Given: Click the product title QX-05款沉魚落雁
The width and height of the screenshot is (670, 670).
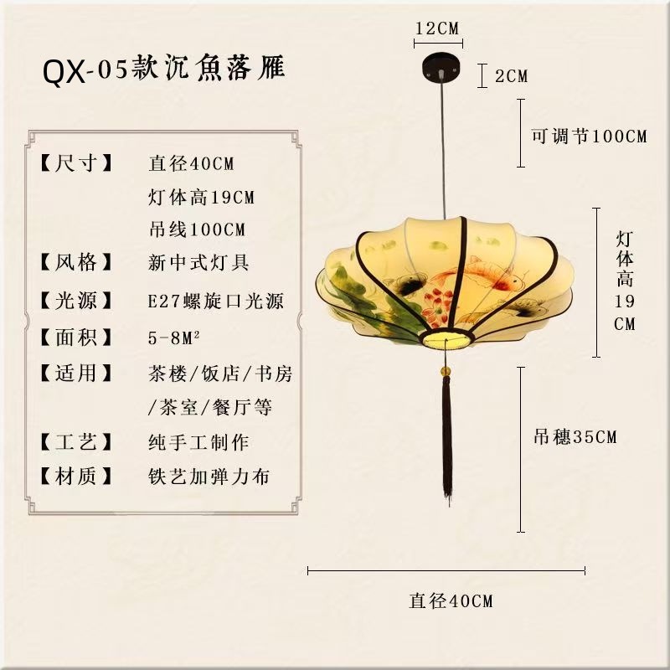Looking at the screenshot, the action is pos(164,70).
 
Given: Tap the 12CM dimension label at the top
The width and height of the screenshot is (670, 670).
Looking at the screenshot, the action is pos(437,28).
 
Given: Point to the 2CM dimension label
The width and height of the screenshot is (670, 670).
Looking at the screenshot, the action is pos(511,76).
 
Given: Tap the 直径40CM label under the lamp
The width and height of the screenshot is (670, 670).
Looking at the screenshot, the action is pos(451,600).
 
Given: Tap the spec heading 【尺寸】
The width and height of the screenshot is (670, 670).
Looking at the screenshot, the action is pos(76,163).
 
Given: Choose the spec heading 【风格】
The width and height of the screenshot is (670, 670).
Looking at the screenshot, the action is pos(76,262).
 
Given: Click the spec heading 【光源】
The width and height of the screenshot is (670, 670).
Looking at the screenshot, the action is pos(76,300).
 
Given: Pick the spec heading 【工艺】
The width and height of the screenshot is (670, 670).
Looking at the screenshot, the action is pos(76,441).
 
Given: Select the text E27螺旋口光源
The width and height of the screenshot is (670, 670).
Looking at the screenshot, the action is pos(215,301).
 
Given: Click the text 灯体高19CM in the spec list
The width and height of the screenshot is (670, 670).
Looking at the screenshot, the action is pos(201,198).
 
